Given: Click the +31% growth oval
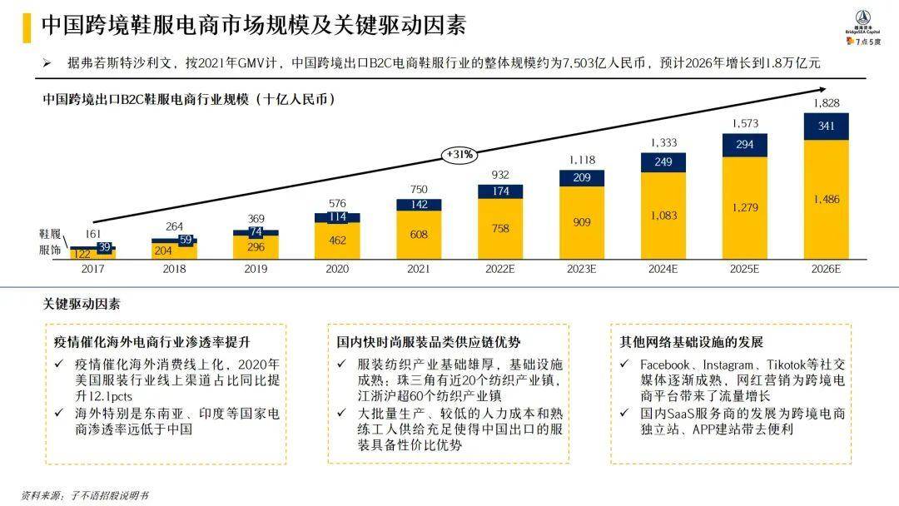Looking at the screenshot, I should point(459,154).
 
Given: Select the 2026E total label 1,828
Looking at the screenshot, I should point(826,103).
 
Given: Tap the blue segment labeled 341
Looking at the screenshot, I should point(826,126).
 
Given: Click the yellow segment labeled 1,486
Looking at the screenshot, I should point(826,200).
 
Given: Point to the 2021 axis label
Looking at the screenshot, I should point(419,270).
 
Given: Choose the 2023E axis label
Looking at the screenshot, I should point(582,270).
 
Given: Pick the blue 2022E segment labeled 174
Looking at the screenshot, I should point(500,191).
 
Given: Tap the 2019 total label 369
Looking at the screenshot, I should point(256,218).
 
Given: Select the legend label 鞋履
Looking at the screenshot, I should point(50,236).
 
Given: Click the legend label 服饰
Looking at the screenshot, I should point(50,249).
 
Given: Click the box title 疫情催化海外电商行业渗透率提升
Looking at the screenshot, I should point(152,342).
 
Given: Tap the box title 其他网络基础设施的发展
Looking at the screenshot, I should point(691,342).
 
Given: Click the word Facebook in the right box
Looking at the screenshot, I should point(664,365).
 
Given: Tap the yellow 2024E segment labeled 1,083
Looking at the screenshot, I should point(663,216).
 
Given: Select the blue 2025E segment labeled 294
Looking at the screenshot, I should point(745,145).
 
